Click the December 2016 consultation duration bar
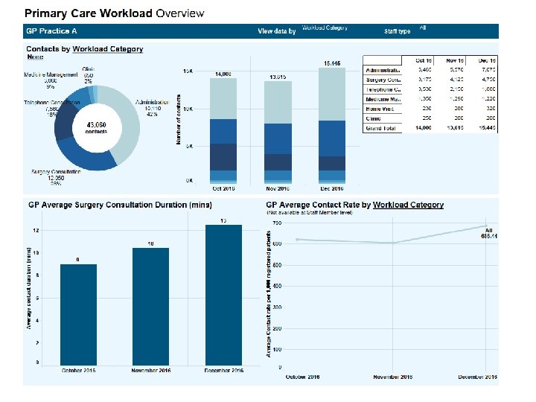tap(223, 294)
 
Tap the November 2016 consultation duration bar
tap(150, 306)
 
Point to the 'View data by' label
tap(277, 31)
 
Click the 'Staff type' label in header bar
tap(397, 31)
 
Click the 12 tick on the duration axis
tap(36, 230)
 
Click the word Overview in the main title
tap(179, 13)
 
